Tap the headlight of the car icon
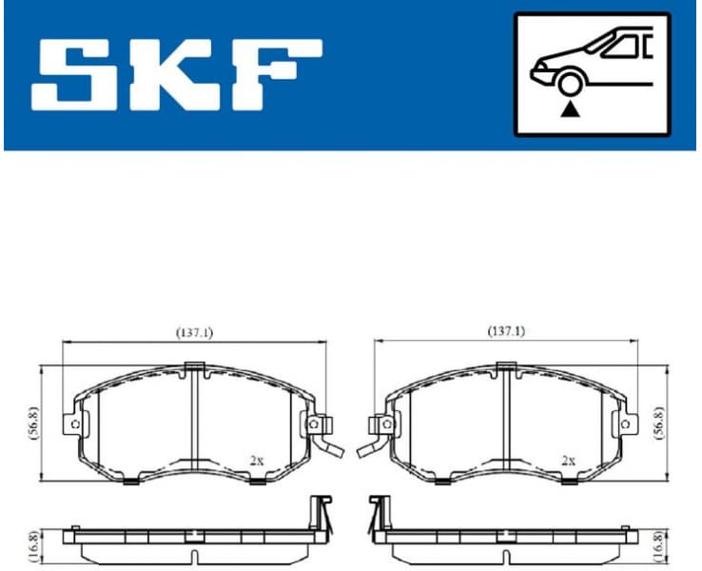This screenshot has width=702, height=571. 540,68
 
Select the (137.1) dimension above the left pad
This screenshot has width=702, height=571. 194,332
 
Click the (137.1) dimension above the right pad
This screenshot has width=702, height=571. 506,331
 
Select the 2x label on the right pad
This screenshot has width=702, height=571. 568,460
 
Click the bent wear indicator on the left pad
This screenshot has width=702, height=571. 329,443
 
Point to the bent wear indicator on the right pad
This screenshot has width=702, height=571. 369,443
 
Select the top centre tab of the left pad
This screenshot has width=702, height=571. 194,367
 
